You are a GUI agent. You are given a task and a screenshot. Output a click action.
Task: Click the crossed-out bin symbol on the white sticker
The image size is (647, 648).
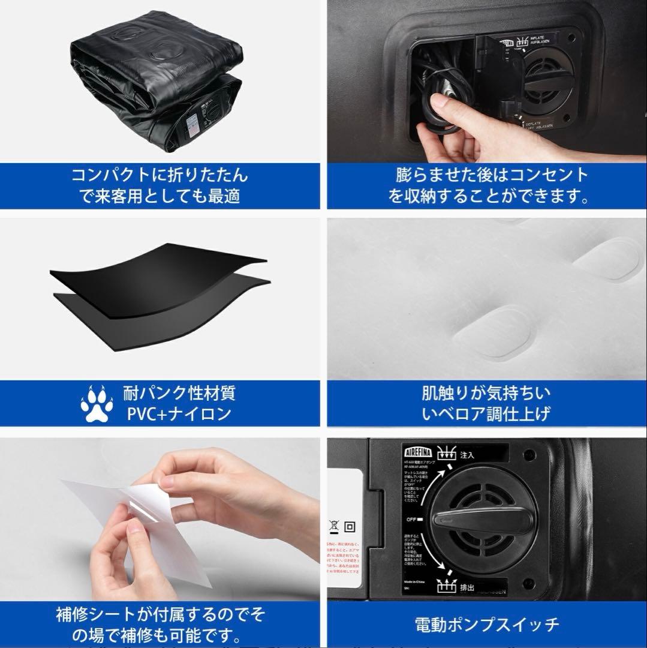click(x=334, y=527)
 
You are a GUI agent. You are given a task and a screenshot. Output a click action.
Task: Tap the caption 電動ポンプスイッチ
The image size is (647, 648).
click(x=487, y=625)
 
